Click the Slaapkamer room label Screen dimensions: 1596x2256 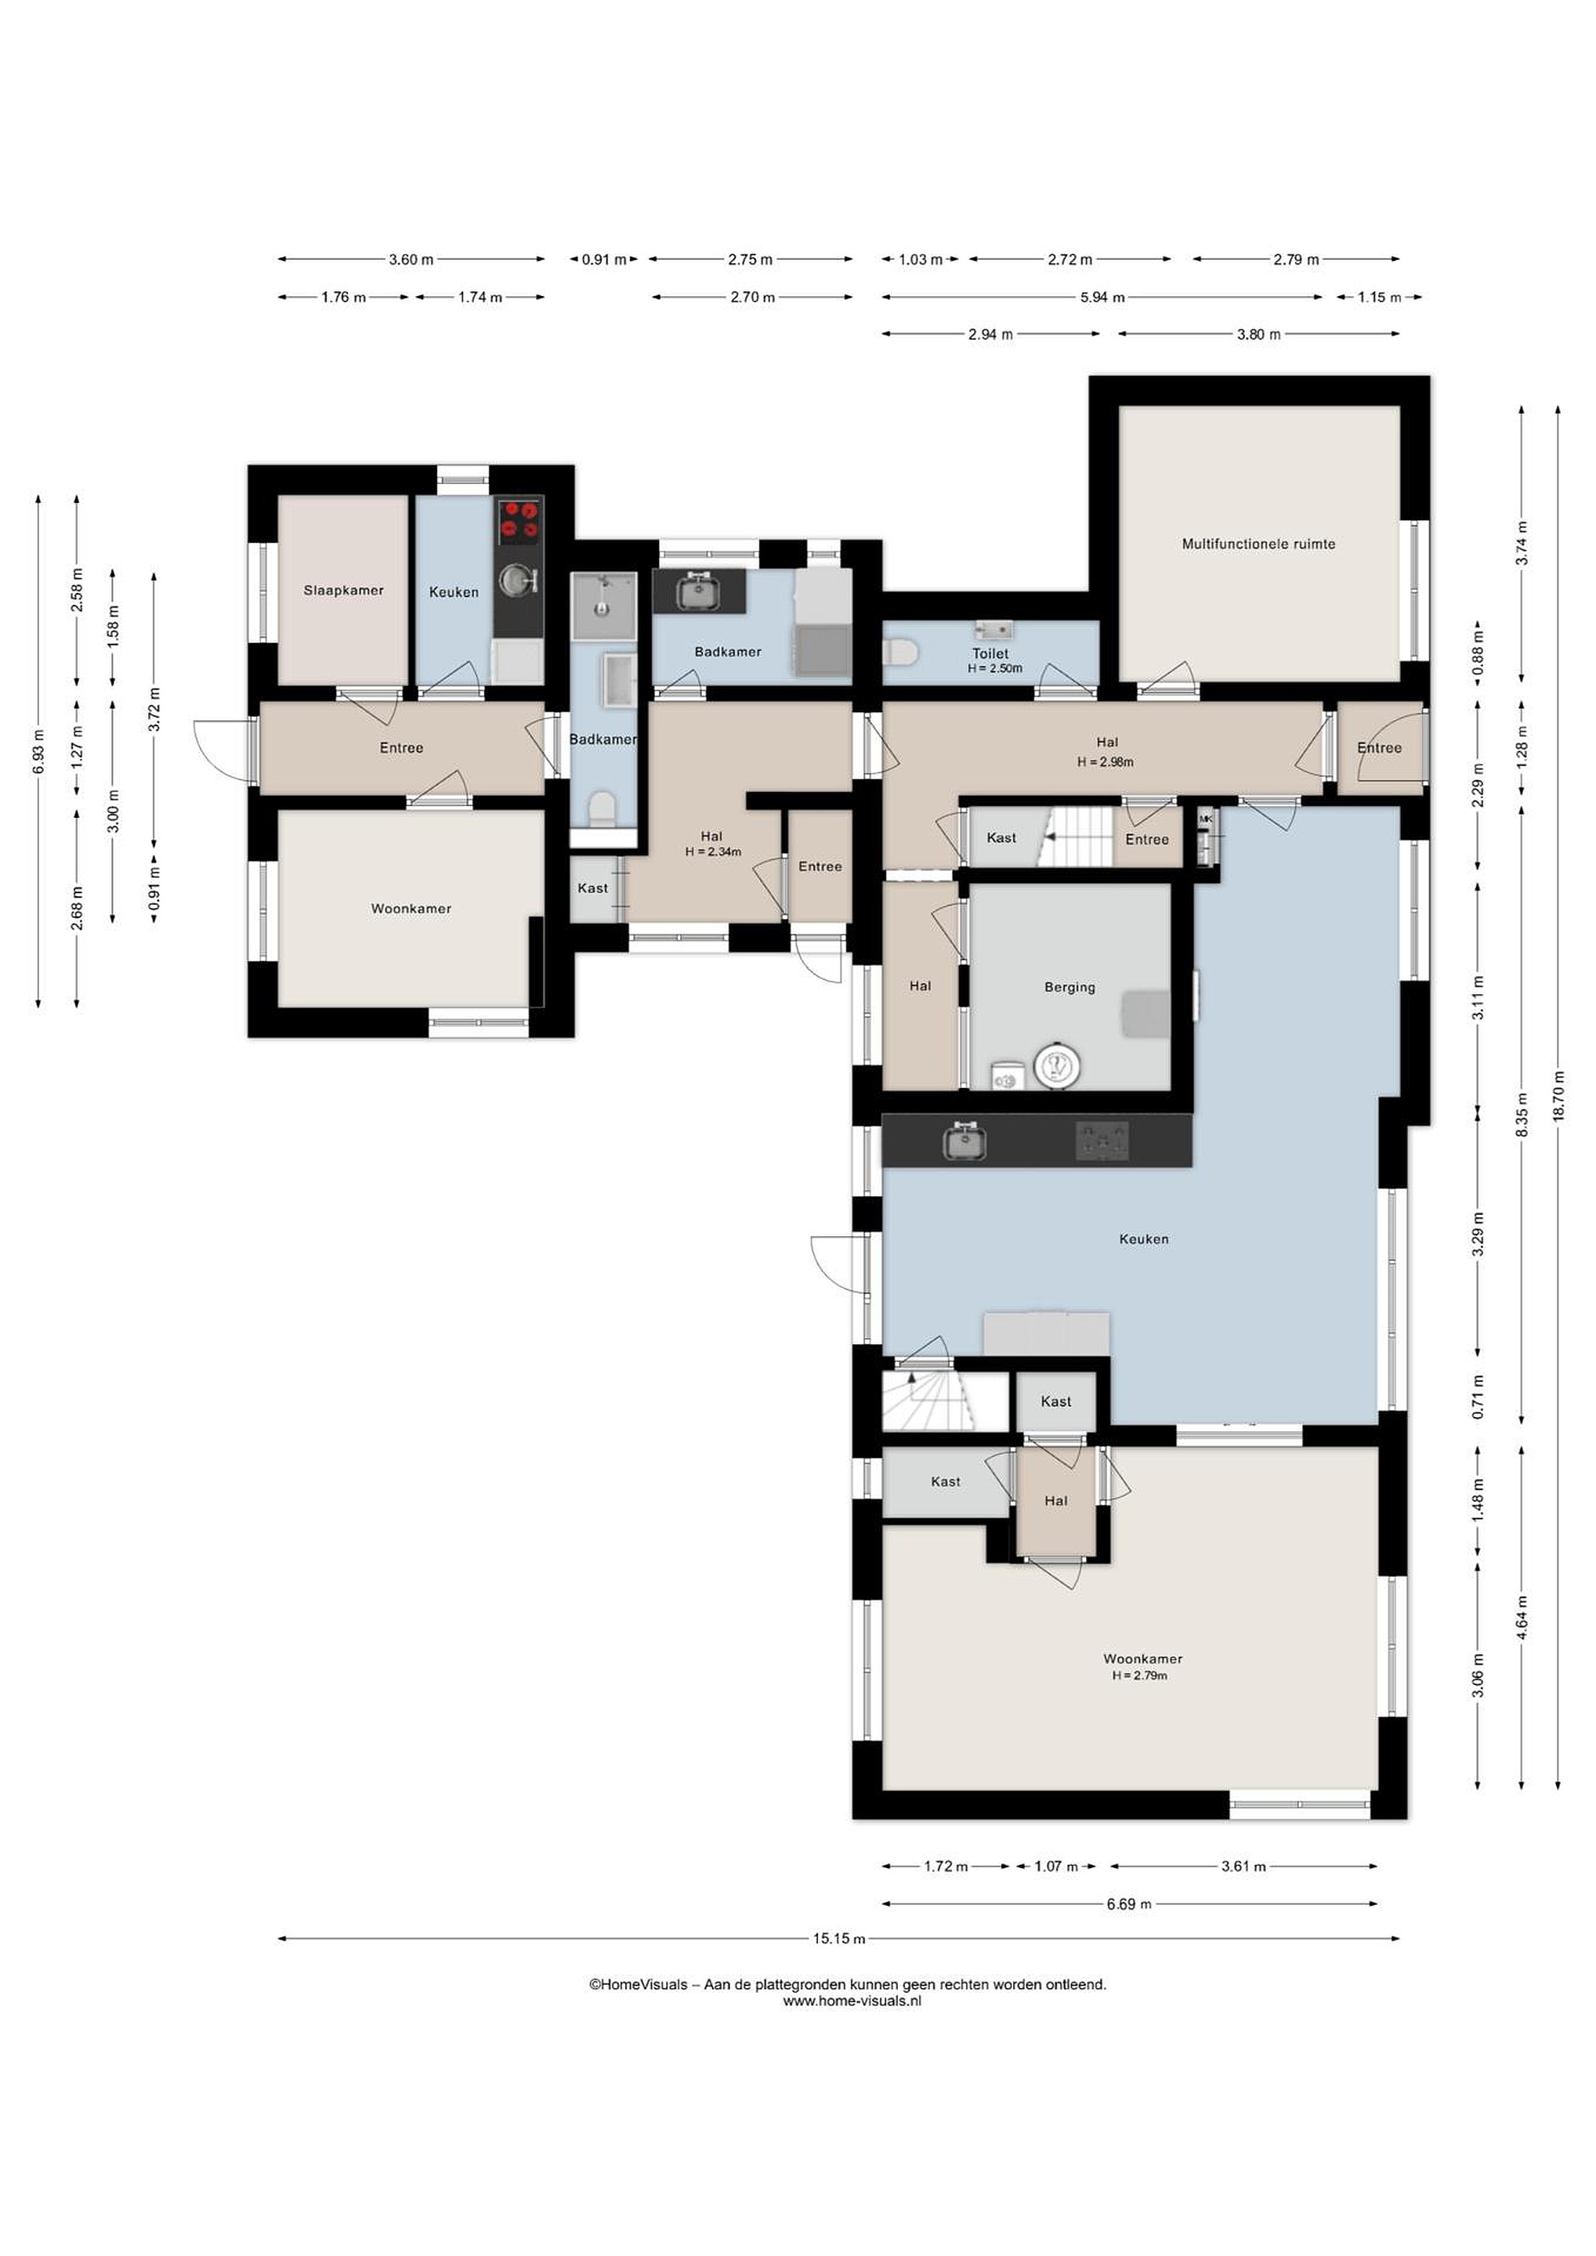point(343,591)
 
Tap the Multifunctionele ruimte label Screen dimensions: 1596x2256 point(1258,544)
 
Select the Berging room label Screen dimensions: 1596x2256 point(1069,988)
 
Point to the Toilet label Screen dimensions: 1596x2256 point(990,653)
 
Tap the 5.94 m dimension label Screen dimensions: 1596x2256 point(1102,297)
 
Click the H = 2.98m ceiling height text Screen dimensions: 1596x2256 point(1106,761)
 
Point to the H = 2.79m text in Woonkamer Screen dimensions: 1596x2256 point(1140,1676)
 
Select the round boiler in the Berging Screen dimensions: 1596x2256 point(1058,1066)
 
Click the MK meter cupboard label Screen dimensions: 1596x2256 point(1206,818)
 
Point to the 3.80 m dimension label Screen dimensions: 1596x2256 point(1258,334)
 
